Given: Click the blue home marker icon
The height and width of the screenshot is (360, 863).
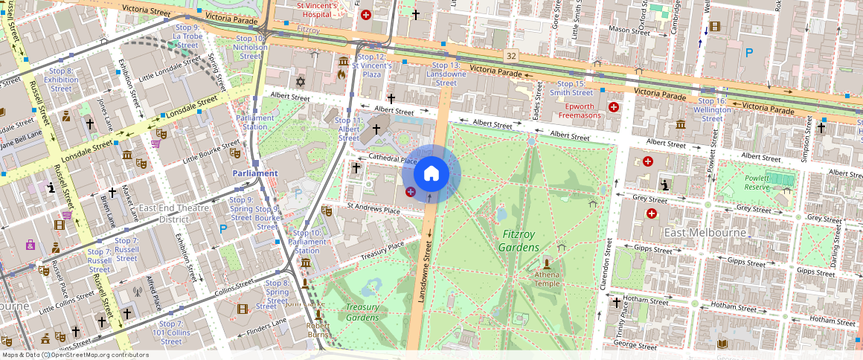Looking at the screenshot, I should (431, 174).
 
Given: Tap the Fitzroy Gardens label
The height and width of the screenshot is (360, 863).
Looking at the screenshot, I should (519, 241).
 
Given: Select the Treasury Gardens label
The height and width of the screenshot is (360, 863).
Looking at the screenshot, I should (362, 312).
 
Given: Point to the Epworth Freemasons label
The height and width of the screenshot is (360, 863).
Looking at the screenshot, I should (580, 111).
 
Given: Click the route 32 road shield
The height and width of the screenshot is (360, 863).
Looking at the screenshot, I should (510, 56).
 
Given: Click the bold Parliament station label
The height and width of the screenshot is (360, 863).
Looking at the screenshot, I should (255, 173).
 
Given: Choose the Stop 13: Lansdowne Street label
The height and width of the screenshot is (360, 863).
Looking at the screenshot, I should (446, 74).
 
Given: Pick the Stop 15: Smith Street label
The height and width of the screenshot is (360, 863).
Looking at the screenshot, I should (575, 89).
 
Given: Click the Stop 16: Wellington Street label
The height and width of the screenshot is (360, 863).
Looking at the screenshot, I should (712, 109).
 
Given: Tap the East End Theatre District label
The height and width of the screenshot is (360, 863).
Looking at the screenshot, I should (174, 213).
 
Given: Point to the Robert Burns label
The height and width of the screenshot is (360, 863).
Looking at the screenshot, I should (318, 330).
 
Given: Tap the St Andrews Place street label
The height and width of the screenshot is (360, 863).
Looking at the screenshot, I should (375, 209).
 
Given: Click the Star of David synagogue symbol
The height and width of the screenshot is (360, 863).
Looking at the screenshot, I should (301, 80).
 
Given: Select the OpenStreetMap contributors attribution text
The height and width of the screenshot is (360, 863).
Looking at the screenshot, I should (75, 355).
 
